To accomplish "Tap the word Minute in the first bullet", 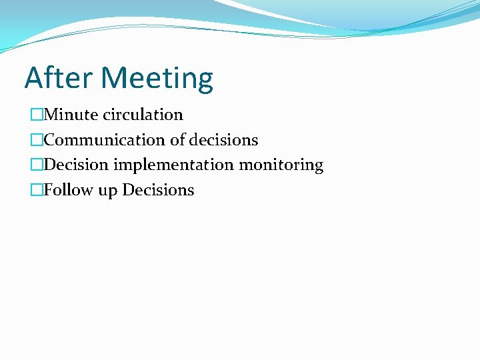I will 72,115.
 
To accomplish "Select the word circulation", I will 143,115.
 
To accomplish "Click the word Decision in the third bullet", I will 76,165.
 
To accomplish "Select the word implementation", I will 173,165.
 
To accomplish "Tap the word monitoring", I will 281,165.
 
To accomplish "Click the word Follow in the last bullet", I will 69,190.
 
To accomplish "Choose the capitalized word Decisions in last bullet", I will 158,190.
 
